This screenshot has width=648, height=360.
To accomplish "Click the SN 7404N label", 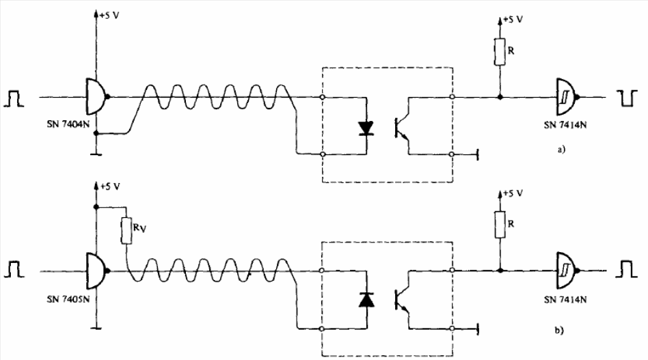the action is click(x=68, y=124).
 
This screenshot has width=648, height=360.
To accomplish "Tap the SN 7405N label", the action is click(x=68, y=299).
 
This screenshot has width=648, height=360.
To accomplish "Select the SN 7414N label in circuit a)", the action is click(x=565, y=125).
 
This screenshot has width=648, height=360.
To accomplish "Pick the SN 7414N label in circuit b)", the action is click(x=565, y=300).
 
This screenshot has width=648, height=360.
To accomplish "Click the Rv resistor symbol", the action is click(x=126, y=231).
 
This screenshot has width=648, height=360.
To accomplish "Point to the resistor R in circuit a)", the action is click(x=500, y=52).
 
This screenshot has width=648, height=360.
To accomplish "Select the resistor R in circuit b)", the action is click(x=500, y=225).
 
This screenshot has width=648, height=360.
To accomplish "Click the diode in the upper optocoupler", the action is click(x=366, y=128).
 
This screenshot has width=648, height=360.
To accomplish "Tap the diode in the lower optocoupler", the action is click(x=366, y=299).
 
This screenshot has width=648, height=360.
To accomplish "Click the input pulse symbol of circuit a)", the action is click(x=14, y=99).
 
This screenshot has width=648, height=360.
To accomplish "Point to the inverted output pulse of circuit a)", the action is click(x=627, y=98).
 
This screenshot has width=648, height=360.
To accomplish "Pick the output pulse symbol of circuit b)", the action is click(x=627, y=269).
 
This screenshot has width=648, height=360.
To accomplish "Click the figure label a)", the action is click(x=561, y=150).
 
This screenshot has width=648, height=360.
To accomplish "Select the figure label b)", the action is click(x=559, y=330).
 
